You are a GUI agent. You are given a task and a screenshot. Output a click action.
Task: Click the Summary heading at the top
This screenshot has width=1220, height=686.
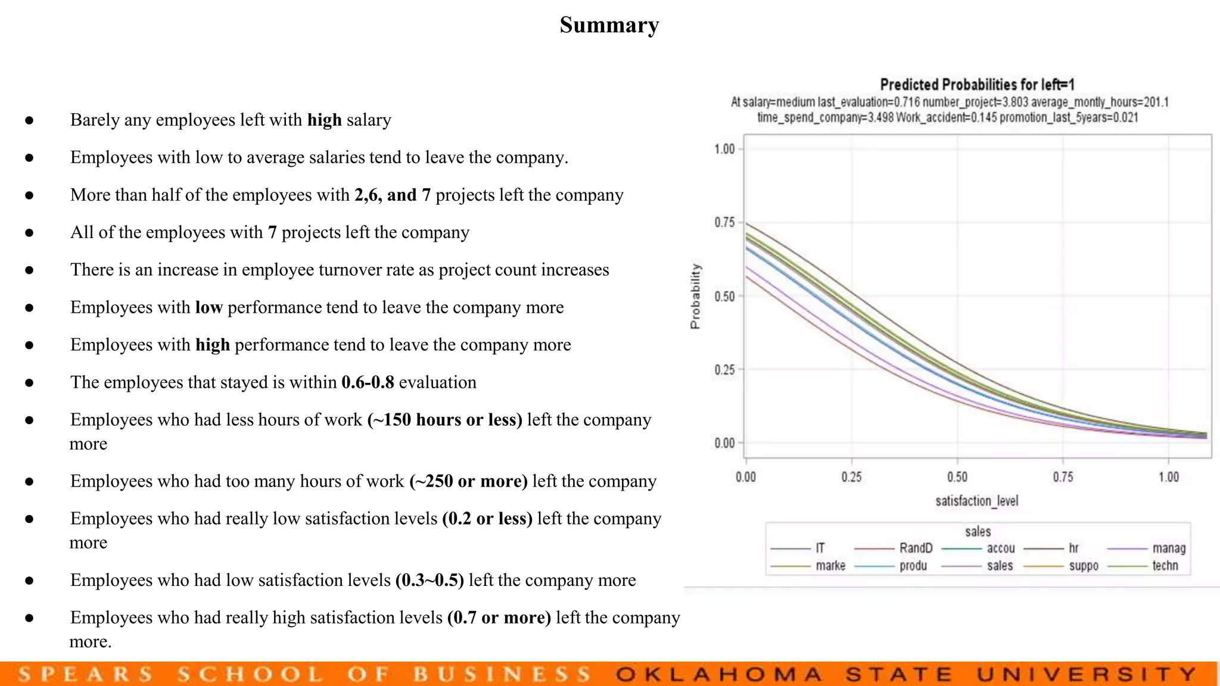609,25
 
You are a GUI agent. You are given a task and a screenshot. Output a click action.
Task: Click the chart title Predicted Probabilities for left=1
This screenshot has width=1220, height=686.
977,85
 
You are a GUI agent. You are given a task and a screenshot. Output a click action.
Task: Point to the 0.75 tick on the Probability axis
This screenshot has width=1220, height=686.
724,223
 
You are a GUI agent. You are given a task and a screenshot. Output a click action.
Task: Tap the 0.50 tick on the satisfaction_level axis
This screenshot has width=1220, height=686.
957,477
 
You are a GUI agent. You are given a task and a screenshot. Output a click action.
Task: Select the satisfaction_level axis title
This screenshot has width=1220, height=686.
976,501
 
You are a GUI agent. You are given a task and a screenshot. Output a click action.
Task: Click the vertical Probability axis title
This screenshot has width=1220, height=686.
695,296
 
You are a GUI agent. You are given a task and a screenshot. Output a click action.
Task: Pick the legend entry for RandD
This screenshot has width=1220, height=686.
916,548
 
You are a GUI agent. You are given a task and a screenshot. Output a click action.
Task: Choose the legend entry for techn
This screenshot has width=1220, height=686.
1165,566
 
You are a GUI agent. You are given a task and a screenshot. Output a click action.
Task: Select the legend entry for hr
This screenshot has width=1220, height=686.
1073,548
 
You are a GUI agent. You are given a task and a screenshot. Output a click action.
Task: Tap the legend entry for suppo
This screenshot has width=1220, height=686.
1083,566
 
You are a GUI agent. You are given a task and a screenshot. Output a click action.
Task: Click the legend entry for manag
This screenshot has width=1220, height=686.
1168,548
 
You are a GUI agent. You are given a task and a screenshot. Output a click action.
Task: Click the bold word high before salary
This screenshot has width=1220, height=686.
324,120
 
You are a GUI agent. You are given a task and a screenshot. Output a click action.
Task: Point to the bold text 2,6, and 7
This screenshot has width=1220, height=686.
392,195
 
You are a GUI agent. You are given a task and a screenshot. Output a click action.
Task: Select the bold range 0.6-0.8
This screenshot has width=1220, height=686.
368,382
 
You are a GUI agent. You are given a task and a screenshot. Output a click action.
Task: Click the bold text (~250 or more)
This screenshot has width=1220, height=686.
468,481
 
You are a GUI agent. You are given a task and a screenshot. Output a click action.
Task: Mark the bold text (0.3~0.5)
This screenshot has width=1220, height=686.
430,580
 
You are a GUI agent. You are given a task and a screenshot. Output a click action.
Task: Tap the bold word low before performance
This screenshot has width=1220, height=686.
208,307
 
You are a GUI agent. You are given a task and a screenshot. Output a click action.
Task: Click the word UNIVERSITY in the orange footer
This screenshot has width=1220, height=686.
1087,674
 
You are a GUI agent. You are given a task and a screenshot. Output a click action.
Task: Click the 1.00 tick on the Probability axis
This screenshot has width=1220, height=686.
724,149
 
